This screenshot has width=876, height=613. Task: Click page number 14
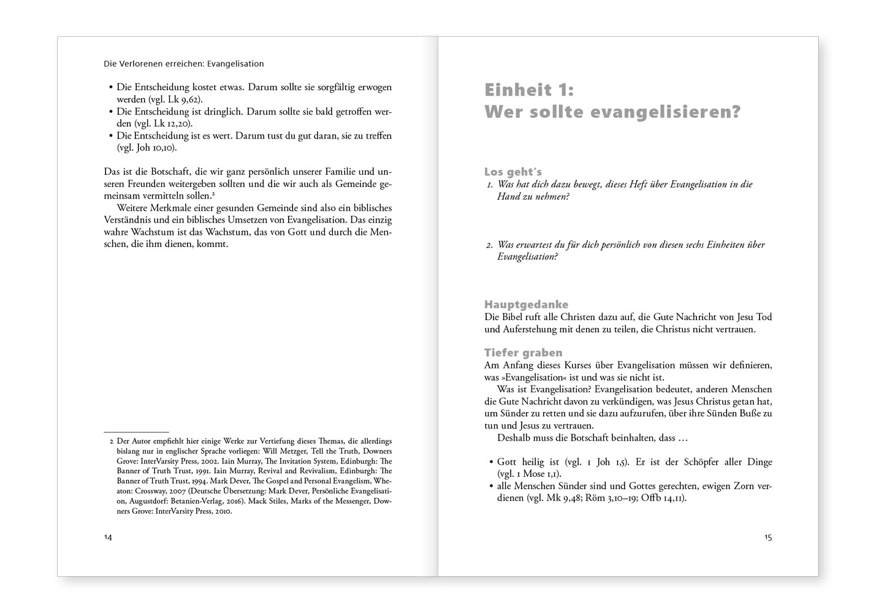[x=108, y=537]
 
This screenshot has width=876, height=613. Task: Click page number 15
[x=768, y=537]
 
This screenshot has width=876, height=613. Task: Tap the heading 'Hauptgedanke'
[x=526, y=305]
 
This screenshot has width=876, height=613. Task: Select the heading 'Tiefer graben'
[x=523, y=352]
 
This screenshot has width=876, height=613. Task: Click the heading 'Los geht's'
[x=512, y=172]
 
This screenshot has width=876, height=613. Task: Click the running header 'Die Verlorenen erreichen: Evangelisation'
[x=184, y=63]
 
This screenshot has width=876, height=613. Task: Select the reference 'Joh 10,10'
[x=162, y=148]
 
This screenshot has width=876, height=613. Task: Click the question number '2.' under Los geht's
[x=489, y=245]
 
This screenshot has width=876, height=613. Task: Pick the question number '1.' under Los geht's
[x=489, y=185]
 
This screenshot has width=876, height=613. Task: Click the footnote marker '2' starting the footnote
[x=112, y=441]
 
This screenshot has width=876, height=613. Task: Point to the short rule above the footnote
[x=136, y=432]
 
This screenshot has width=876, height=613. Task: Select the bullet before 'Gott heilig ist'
[x=491, y=462]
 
